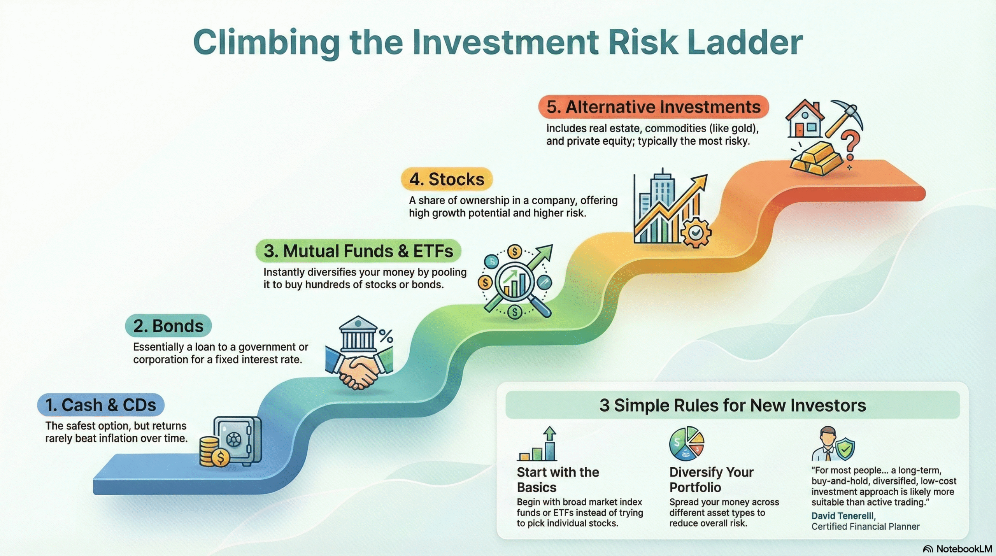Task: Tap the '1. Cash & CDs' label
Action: tap(101, 405)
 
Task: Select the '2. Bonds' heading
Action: tap(168, 326)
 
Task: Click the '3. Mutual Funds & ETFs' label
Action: tap(358, 251)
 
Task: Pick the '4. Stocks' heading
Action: tap(447, 179)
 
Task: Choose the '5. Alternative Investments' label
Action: tap(653, 107)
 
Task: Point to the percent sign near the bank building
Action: tap(386, 336)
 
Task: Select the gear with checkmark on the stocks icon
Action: tap(696, 233)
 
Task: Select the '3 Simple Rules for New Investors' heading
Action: tap(732, 405)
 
